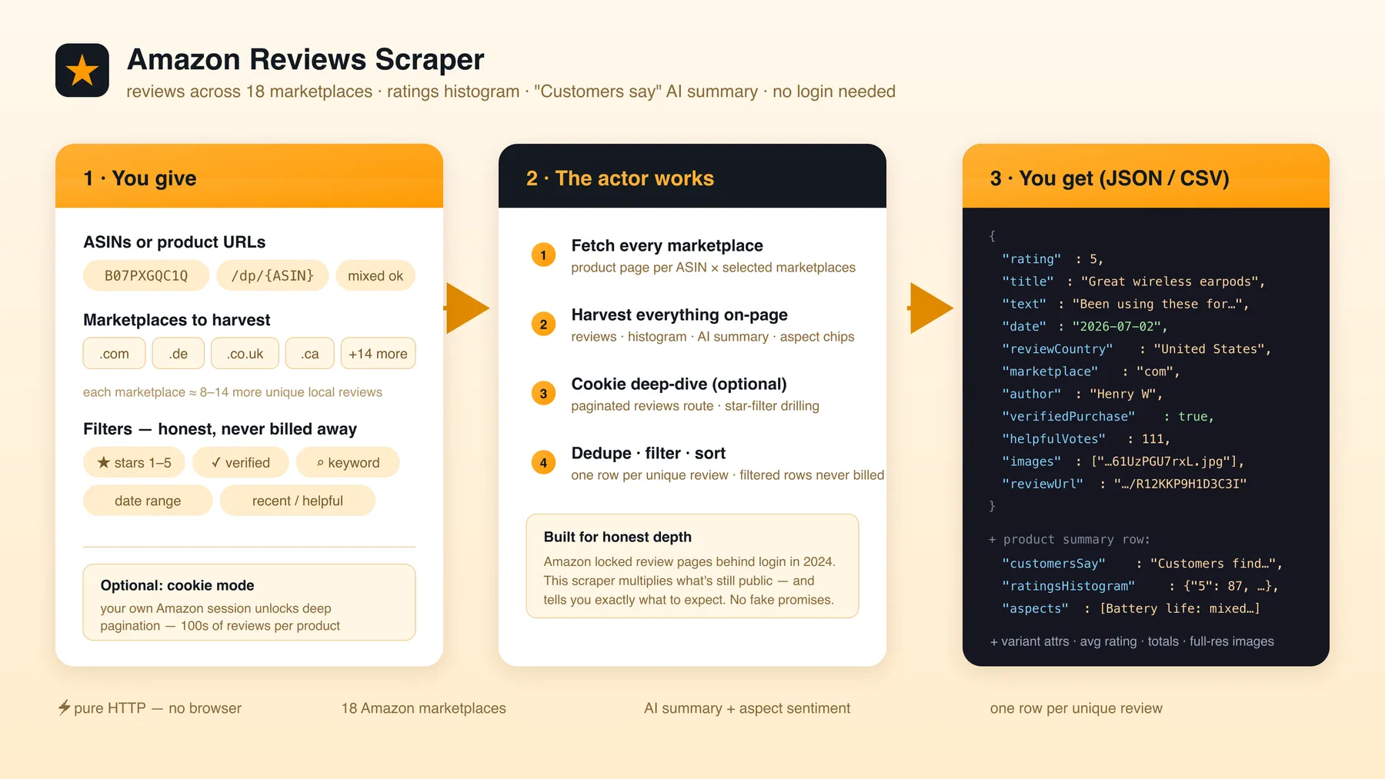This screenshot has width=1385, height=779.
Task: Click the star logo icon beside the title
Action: pyautogui.click(x=82, y=70)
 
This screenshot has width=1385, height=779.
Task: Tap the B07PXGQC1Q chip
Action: pyautogui.click(x=146, y=275)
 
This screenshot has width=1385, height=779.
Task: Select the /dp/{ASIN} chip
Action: pyautogui.click(x=272, y=275)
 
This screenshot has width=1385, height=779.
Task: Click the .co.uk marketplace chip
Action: pyautogui.click(x=245, y=354)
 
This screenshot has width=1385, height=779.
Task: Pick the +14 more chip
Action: pyautogui.click(x=378, y=354)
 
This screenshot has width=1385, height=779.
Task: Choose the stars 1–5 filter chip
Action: pyautogui.click(x=134, y=462)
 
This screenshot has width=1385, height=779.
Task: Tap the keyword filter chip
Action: pyautogui.click(x=348, y=462)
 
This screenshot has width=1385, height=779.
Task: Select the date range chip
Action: pyautogui.click(x=148, y=501)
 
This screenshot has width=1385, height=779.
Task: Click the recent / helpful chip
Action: pyautogui.click(x=298, y=501)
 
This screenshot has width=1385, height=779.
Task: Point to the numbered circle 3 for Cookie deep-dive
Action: pyautogui.click(x=543, y=394)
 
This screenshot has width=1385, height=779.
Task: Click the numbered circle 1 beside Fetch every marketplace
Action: pyautogui.click(x=543, y=255)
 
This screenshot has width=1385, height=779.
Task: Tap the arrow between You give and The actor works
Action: pyautogui.click(x=466, y=308)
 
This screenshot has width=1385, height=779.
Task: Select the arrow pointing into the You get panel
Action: pyautogui.click(x=930, y=308)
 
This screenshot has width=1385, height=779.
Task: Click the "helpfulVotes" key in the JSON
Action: pyautogui.click(x=1053, y=439)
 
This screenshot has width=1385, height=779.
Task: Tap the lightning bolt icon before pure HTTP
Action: pyautogui.click(x=65, y=707)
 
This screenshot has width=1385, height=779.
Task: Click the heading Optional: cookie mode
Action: pyautogui.click(x=177, y=585)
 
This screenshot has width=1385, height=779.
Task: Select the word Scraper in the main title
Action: pyautogui.click(x=429, y=59)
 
